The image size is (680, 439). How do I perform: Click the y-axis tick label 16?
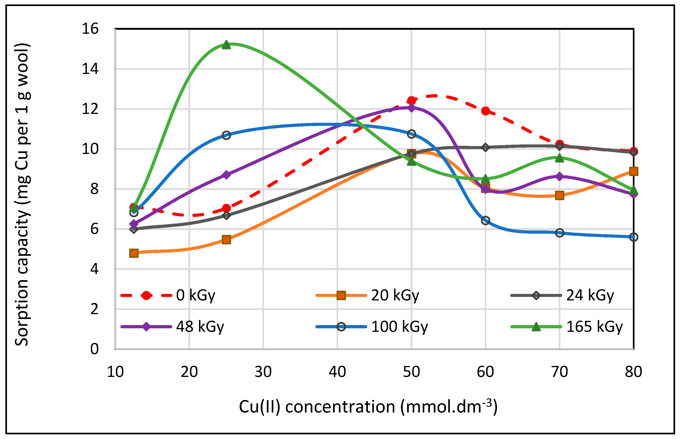(90, 29)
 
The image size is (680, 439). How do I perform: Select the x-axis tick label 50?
(411, 372)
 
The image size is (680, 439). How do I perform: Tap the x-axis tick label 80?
(633, 372)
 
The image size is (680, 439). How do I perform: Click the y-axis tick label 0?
(94, 349)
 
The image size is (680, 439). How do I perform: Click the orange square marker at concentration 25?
(226, 239)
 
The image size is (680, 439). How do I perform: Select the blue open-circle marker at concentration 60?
(486, 220)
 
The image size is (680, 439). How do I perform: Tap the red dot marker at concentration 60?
(486, 111)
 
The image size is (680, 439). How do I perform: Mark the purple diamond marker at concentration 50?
(411, 108)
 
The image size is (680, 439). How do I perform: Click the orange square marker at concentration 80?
(634, 171)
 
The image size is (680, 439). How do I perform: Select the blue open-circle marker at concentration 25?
(226, 135)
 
